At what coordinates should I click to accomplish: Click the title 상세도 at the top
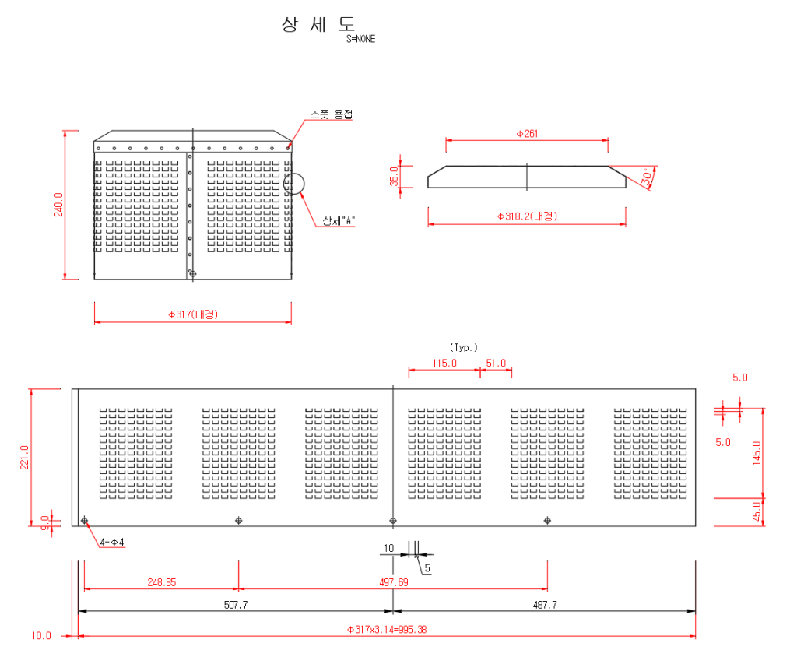(x=318, y=24)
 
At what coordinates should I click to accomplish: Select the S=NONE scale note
(x=360, y=39)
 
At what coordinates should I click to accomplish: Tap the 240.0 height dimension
(x=59, y=205)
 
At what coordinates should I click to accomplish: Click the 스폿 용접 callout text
(x=331, y=114)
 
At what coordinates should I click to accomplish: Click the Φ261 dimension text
(x=527, y=134)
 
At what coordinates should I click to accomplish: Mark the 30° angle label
(x=648, y=177)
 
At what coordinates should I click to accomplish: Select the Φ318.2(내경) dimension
(x=527, y=216)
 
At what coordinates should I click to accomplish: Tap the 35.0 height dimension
(x=394, y=177)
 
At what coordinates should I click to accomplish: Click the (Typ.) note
(x=464, y=347)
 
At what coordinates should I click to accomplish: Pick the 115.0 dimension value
(x=444, y=363)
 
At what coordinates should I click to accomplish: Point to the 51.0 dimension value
(x=496, y=363)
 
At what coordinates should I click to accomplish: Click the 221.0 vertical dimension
(x=24, y=457)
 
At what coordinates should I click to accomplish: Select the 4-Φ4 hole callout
(x=111, y=542)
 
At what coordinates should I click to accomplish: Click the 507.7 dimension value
(x=235, y=604)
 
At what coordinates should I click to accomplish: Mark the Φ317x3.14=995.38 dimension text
(x=386, y=629)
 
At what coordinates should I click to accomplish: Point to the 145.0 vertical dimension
(x=757, y=452)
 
